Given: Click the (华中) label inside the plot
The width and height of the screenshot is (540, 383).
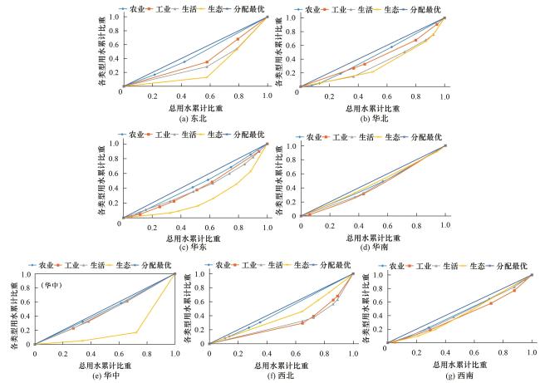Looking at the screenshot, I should [52, 287].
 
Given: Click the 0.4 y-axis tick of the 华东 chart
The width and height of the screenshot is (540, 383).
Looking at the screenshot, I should [115, 189].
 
